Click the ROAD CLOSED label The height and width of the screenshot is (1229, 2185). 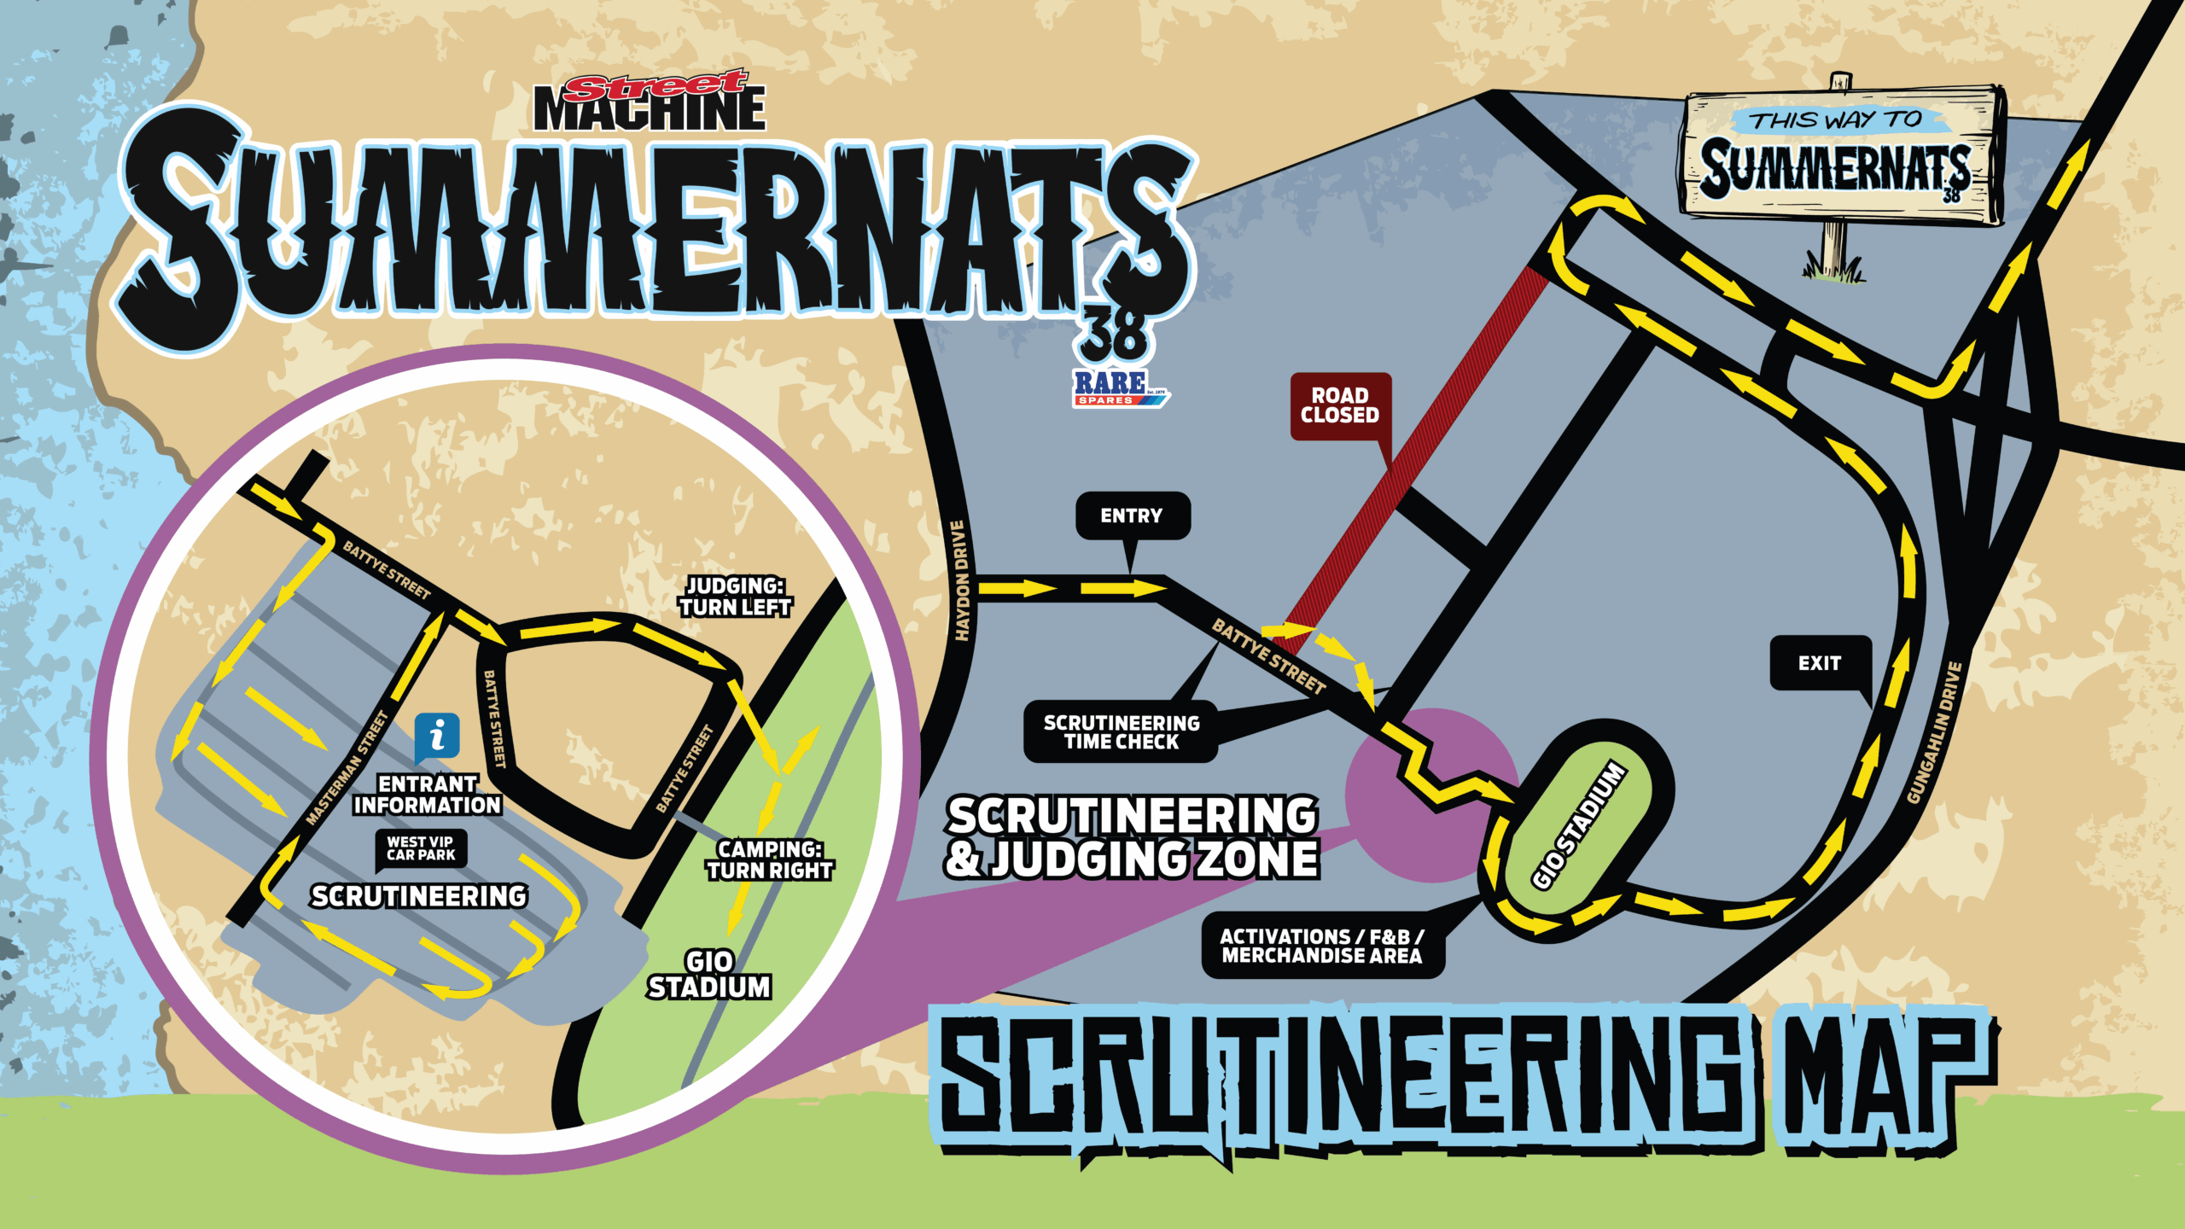tap(1339, 405)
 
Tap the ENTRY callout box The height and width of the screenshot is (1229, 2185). tap(1132, 515)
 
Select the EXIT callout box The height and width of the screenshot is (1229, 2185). tap(1819, 663)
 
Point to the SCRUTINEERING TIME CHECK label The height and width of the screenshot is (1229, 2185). tap(1122, 732)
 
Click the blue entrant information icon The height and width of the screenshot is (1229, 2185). tap(437, 736)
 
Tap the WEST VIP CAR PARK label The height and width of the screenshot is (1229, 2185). tap(421, 848)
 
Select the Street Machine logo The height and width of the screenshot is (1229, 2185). tap(650, 102)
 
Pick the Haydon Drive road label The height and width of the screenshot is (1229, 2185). tap(961, 580)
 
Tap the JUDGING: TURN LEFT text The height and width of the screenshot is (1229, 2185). tap(735, 597)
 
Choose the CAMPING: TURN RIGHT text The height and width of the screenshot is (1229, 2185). tap(769, 859)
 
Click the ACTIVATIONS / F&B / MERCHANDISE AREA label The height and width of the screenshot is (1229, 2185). tap(1322, 946)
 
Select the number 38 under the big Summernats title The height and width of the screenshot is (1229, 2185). tap(1114, 335)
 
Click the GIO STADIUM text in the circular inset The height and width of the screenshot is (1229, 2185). tap(709, 975)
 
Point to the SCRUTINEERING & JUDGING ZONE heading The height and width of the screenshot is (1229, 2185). tap(1132, 837)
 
